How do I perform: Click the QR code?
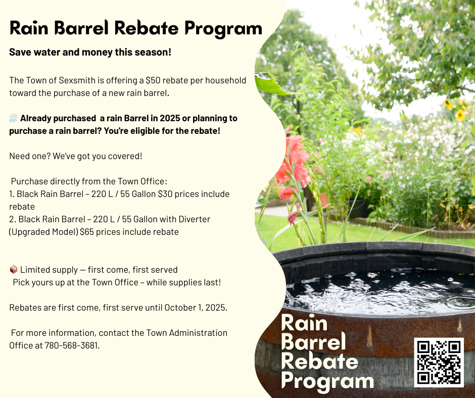(x=439, y=363)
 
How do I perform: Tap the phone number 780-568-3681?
(x=71, y=345)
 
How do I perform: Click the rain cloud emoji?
(x=14, y=118)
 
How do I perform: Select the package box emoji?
(x=14, y=269)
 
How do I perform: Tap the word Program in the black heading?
(x=223, y=29)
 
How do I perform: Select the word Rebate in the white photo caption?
(x=319, y=361)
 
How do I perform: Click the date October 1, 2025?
(x=195, y=308)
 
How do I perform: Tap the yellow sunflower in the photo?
(x=460, y=115)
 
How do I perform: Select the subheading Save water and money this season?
(x=90, y=52)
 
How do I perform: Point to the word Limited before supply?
(x=34, y=270)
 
